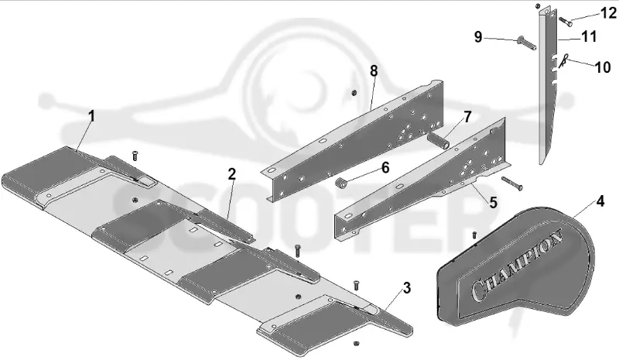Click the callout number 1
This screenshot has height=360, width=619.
pos(91,117)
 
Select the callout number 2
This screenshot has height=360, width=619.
pos(231,174)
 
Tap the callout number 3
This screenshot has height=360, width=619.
pos(407,288)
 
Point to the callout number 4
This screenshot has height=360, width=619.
pos(600,201)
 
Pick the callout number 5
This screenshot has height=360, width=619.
pos(494,202)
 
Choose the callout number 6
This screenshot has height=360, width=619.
pos(385,167)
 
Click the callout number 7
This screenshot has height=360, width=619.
pos(467,117)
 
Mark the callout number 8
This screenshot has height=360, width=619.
pos(374,71)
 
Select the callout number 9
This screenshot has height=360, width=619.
pos(478,37)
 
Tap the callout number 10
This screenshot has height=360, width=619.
pos(603,67)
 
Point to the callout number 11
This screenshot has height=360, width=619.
pos(589,36)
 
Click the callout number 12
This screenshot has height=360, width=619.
pos(608,13)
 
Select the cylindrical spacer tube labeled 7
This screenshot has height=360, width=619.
pos(439,142)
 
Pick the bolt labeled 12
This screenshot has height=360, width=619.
pos(566,22)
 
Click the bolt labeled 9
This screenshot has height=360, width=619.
pos(526,43)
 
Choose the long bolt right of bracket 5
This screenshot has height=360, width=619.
pos(512,183)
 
